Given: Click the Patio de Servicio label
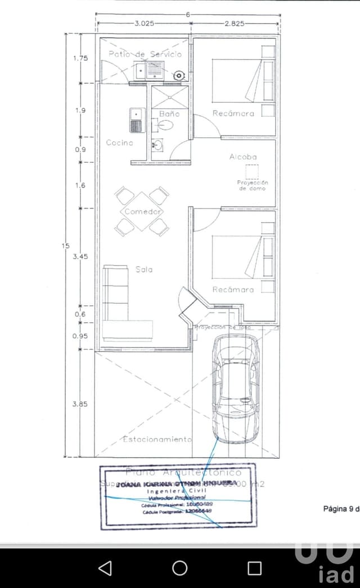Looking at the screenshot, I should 145,54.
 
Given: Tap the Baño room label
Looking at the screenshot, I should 169,114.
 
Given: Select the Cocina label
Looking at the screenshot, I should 120,143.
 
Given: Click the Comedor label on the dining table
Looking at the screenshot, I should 143,212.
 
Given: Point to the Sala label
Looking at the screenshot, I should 144,269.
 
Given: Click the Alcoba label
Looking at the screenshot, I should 243,157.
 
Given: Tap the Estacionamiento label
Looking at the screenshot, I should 157,439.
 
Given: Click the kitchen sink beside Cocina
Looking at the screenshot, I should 136,120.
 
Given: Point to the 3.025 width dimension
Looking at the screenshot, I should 145,24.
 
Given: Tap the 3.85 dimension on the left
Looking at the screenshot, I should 80,404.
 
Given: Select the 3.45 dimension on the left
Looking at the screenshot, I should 81,256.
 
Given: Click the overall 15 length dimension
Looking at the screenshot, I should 66,246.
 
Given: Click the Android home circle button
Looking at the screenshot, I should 180,568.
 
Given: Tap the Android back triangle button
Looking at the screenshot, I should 105,568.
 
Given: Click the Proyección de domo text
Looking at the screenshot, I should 253,186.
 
